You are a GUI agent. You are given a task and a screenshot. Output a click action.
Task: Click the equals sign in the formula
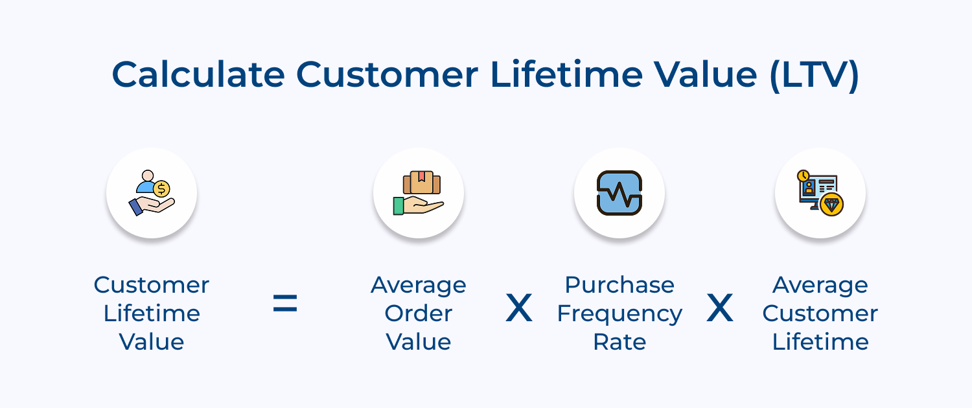click(284, 303)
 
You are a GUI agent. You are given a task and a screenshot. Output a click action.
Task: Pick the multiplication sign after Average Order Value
click(518, 309)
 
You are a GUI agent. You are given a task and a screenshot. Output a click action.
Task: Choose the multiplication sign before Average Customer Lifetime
click(719, 309)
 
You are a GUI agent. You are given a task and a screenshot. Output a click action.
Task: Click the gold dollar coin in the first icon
click(161, 189)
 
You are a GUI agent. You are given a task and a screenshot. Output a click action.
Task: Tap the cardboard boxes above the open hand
click(421, 183)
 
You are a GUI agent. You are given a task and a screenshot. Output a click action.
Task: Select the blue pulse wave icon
click(619, 193)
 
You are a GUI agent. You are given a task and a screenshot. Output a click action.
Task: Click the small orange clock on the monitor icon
click(804, 176)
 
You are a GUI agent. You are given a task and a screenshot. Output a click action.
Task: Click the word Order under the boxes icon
click(418, 313)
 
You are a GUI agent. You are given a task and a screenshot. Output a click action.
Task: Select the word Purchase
click(619, 285)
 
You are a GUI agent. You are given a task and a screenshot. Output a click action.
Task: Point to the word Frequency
click(619, 313)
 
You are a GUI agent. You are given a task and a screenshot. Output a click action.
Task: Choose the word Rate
click(619, 342)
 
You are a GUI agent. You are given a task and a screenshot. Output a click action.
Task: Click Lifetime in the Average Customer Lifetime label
click(820, 342)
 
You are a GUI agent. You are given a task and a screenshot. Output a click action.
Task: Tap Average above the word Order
click(418, 285)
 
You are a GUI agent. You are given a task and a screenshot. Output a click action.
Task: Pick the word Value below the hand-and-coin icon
click(152, 342)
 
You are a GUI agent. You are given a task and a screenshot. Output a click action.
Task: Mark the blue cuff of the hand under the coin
click(136, 207)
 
